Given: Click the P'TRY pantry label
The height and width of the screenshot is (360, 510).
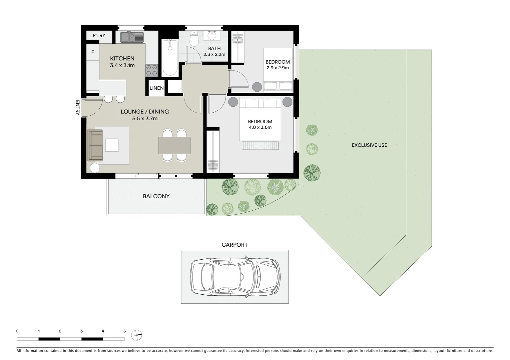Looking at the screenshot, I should tap(99, 36).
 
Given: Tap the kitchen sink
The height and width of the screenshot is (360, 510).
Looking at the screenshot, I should tap(132, 37).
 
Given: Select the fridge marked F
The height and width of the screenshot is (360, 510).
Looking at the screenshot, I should tap(92, 52).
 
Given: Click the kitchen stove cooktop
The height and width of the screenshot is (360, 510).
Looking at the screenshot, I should tap(151, 70).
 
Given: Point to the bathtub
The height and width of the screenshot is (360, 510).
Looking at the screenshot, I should tap(170, 58).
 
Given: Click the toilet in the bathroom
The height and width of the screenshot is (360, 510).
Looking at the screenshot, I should tap(194, 39).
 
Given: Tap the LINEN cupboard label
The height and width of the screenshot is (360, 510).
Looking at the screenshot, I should tap(156, 88).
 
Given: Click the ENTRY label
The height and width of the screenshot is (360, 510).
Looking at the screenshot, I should tap(77, 108).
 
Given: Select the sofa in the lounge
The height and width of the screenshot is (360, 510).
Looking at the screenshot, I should tap(95, 145).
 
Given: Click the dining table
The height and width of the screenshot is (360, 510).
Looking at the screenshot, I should tap(174, 145).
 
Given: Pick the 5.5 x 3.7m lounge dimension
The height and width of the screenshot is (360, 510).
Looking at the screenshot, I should tap(145, 119).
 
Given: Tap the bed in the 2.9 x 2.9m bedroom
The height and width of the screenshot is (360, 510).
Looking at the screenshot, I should tap(278, 70).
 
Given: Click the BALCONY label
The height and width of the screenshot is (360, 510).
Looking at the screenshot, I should tap(156, 196).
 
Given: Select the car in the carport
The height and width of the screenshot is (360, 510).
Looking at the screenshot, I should tap(235, 277).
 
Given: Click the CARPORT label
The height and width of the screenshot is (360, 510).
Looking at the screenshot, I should tap(234, 245).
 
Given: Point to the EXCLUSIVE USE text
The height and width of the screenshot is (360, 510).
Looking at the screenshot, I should tap(369, 145).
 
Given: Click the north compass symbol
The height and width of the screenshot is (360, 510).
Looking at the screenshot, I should tap(136, 335).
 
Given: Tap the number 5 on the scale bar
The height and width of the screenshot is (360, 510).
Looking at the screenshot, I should tap(124, 331).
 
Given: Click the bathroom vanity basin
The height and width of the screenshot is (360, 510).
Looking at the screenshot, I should tap(212, 36).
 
